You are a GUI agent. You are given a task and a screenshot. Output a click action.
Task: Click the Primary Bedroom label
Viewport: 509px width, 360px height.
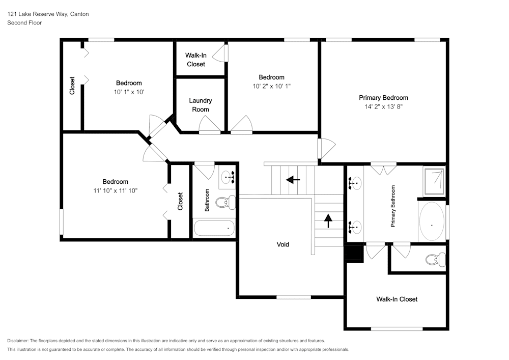[x=383, y=98]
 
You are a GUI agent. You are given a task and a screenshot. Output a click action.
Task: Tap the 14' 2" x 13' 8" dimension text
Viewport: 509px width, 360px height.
[x=383, y=107]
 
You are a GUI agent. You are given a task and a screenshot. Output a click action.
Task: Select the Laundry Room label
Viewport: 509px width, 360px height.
[x=201, y=105]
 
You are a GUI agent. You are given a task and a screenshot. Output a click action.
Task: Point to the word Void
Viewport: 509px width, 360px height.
[x=283, y=244]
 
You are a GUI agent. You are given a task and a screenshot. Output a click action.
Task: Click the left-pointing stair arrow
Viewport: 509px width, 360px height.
[x=293, y=179]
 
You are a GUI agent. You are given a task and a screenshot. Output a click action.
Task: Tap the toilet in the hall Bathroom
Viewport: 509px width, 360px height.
[x=224, y=203]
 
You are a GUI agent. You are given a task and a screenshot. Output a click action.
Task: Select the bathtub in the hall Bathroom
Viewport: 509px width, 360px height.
[x=214, y=228]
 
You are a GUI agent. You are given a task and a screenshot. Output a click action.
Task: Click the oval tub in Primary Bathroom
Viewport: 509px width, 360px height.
[x=432, y=223]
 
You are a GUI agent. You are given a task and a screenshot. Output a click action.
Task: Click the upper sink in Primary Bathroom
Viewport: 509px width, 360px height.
[x=355, y=182]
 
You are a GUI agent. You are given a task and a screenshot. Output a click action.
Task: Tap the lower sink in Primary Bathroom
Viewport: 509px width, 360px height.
[x=355, y=226]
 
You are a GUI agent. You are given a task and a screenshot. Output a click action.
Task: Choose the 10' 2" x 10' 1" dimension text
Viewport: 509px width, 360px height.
[x=271, y=87]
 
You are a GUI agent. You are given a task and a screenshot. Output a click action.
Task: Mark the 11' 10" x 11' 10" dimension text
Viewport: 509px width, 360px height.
[x=115, y=190]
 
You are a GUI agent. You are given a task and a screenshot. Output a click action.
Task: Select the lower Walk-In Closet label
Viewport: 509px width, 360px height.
[x=397, y=299]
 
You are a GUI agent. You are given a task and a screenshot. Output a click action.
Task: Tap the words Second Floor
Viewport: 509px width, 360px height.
[x=24, y=23]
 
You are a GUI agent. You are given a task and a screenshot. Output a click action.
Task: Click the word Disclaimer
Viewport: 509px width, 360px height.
[x=18, y=341]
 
